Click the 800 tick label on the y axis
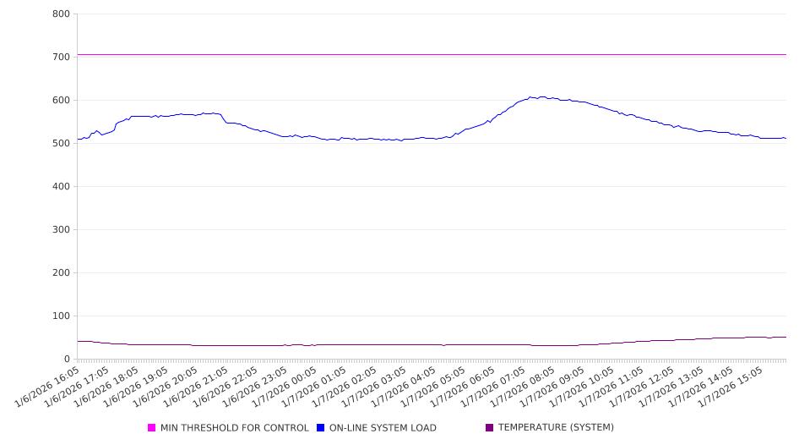point(60,14)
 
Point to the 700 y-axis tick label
point(60,58)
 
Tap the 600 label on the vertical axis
point(60,101)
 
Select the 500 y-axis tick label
point(60,144)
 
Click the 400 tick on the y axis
point(60,187)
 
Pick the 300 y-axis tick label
point(60,230)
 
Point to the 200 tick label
point(60,273)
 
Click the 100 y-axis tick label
point(60,316)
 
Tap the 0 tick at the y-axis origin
point(67,360)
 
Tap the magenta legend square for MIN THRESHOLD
point(152,428)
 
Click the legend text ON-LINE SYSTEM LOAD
point(383,428)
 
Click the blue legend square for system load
point(321,428)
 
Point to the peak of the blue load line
point(530,96)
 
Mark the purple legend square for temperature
point(490,428)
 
